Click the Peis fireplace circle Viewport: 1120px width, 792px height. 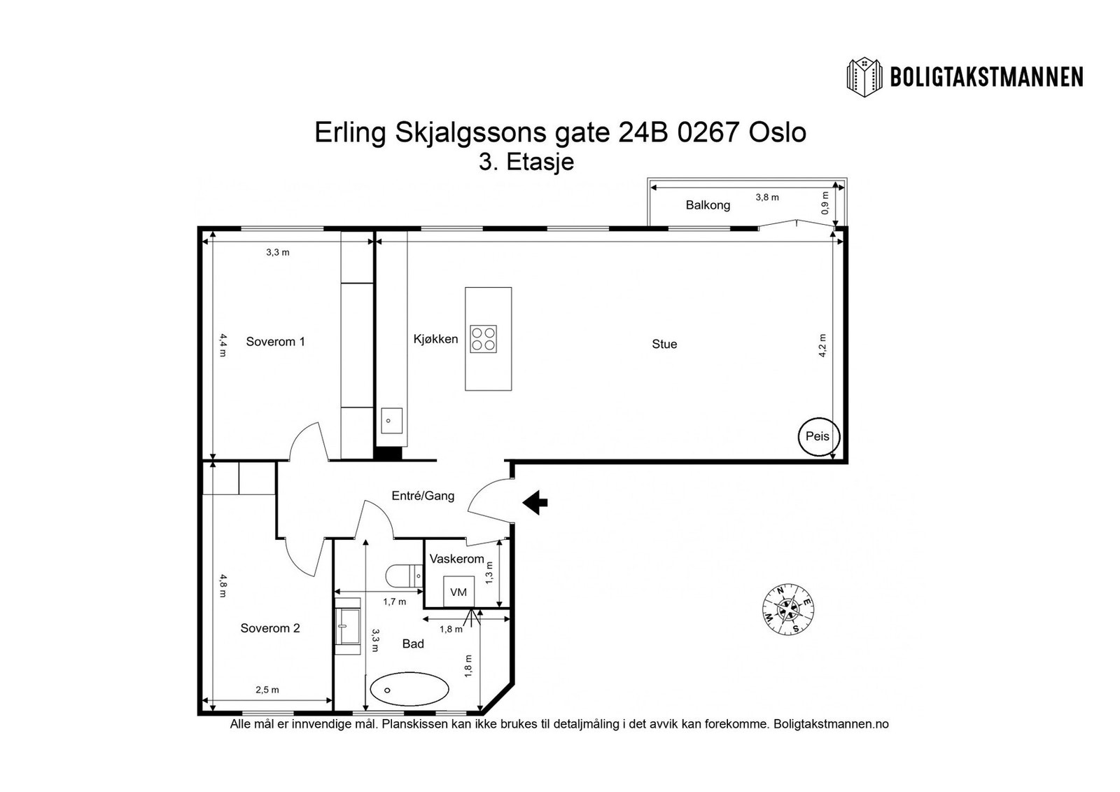click(818, 436)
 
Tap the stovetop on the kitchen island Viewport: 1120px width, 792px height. click(483, 339)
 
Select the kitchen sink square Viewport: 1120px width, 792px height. click(391, 421)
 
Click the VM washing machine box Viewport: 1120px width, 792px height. click(458, 592)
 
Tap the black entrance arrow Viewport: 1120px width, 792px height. click(535, 501)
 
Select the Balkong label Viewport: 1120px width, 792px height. click(708, 205)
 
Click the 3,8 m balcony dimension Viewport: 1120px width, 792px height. click(767, 197)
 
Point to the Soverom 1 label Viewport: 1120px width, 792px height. click(275, 342)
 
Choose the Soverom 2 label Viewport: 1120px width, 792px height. click(270, 628)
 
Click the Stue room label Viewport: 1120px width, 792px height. click(664, 344)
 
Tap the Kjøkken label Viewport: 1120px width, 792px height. click(435, 339)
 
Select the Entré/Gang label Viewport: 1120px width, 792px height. click(423, 496)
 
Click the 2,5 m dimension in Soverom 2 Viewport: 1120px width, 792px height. click(267, 690)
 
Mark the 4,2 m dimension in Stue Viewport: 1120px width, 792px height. click(823, 345)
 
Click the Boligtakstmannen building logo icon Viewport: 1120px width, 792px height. click(866, 76)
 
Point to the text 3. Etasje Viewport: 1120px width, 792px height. click(526, 162)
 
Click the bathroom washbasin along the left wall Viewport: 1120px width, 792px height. click(348, 625)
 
